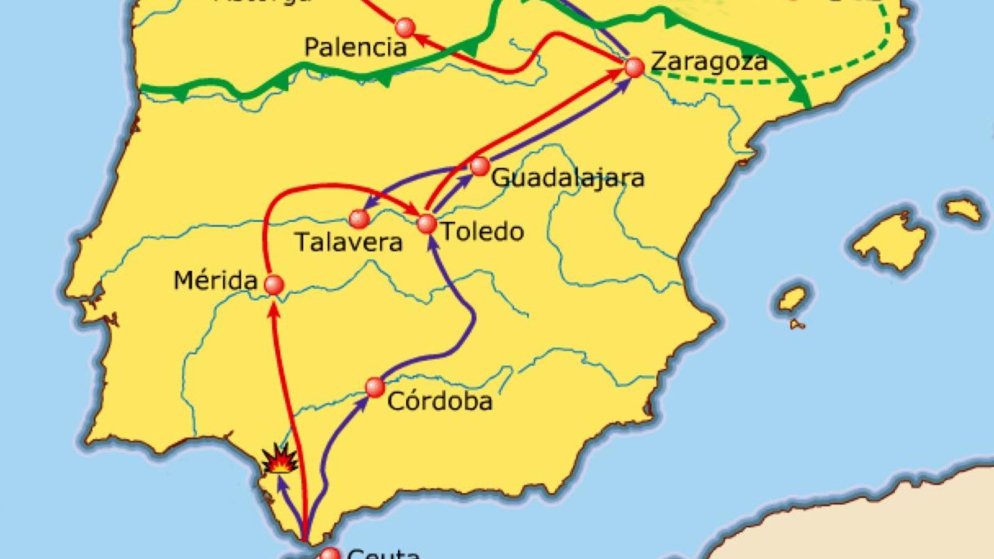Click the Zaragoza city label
coord(709,61)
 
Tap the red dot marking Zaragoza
coord(634,67)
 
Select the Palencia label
coord(355,47)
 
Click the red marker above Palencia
coord(405,27)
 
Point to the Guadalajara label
coord(568,178)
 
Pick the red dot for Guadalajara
coord(480,166)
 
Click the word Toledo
coord(482,232)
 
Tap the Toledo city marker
coord(427,224)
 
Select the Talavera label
coord(349,242)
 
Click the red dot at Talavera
coord(358,218)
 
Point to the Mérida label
coord(215,281)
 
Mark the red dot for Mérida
coord(274,284)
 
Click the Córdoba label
coord(440,401)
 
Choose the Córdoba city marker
coord(375,387)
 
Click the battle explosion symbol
coord(279,460)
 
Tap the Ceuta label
coord(383,553)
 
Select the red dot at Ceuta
coord(330,554)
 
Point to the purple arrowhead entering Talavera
coord(368,205)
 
